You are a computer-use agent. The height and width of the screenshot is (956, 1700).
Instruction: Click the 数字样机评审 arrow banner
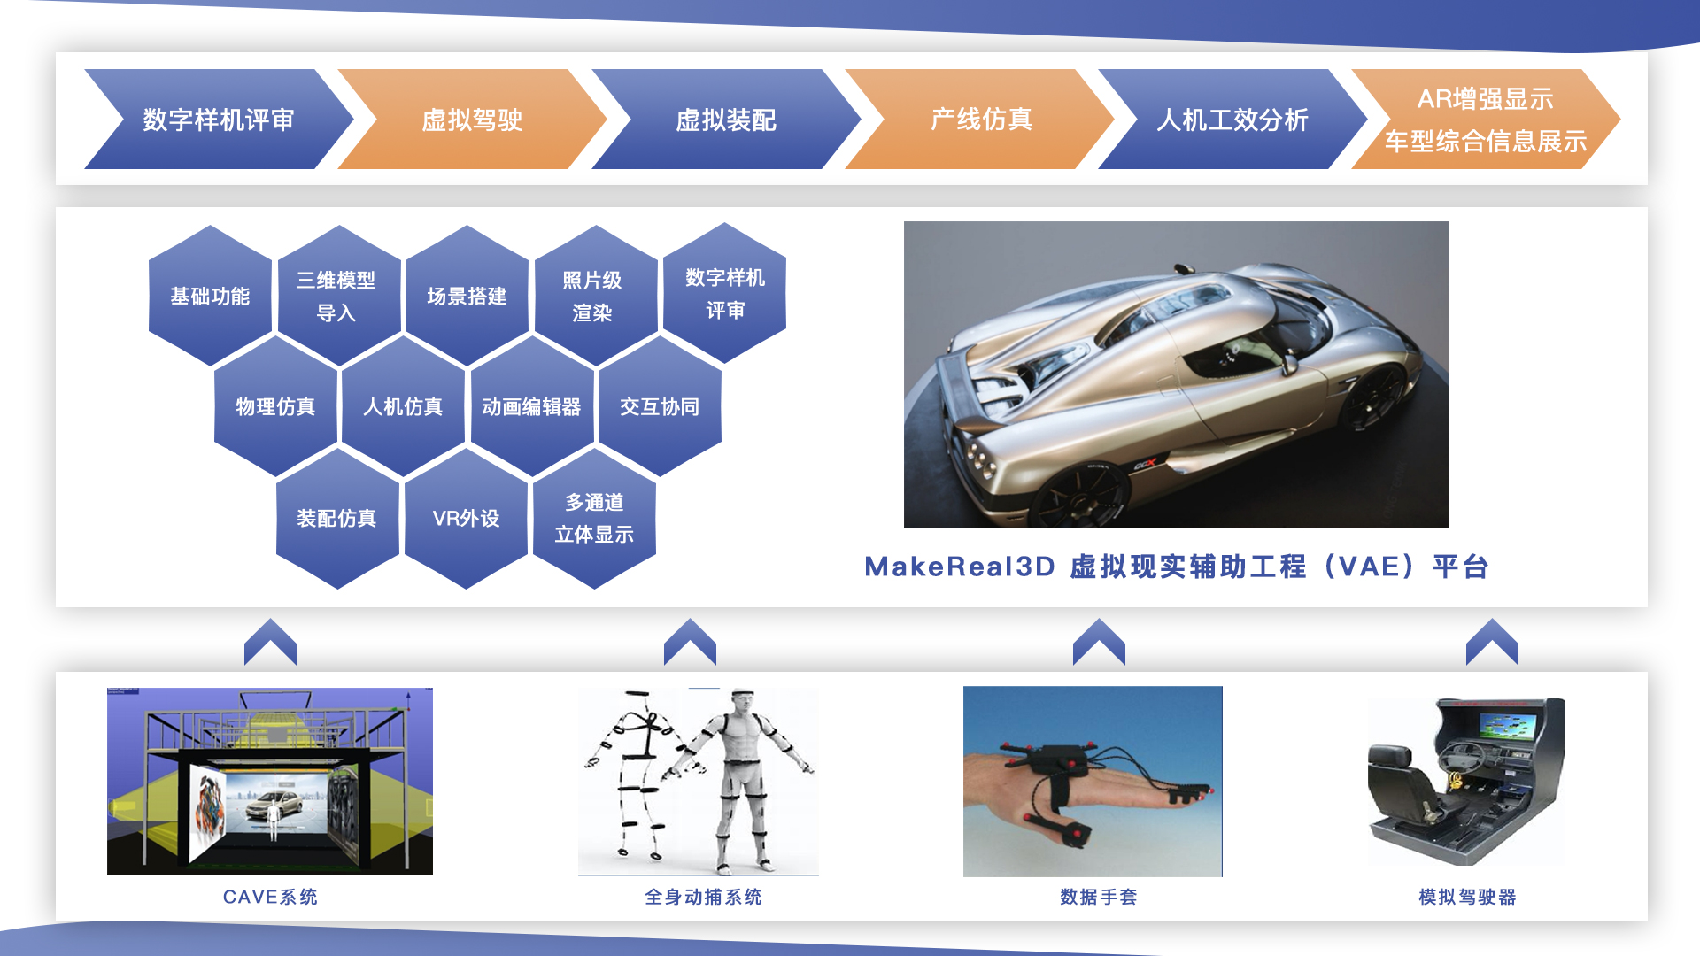[x=219, y=119]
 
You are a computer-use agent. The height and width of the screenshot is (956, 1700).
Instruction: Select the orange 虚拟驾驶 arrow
[x=472, y=119]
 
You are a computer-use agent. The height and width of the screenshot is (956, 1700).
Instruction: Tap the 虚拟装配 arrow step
[x=726, y=119]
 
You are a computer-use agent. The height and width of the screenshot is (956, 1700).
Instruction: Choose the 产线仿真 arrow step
[x=980, y=119]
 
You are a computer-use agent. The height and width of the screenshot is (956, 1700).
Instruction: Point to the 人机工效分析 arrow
[x=1232, y=119]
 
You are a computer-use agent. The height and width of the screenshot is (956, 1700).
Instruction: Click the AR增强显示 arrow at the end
[x=1486, y=119]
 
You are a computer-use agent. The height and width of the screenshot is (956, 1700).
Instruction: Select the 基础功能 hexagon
[x=210, y=296]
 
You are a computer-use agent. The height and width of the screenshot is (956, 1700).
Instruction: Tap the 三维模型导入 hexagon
[x=337, y=296]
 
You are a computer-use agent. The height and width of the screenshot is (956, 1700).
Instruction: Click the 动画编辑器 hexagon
[x=531, y=406]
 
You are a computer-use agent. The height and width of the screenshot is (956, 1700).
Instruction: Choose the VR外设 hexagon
[x=466, y=518]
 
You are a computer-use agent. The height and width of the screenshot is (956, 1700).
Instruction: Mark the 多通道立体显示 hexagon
[x=594, y=518]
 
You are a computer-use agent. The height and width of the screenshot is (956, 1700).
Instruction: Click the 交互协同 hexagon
[x=660, y=406]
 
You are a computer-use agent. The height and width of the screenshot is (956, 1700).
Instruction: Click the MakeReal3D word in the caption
[x=960, y=567]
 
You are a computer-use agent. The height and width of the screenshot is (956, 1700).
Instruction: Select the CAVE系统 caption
[x=270, y=897]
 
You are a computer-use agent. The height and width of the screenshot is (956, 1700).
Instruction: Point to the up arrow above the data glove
[x=1099, y=642]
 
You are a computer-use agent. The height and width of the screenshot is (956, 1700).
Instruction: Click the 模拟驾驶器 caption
[x=1467, y=897]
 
